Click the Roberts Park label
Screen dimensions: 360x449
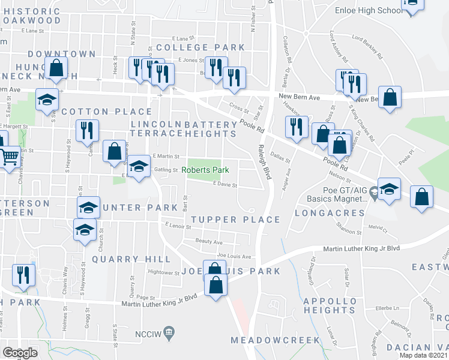(x=206, y=170)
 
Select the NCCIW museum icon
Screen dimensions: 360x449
(x=169, y=332)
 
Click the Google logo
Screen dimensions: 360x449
(x=20, y=353)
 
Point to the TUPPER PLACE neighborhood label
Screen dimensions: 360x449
(x=236, y=220)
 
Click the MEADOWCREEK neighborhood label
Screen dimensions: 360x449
(x=276, y=340)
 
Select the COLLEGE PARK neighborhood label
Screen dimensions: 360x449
(x=200, y=47)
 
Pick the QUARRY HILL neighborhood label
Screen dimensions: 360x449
(x=131, y=259)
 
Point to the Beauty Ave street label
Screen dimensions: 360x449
(x=209, y=242)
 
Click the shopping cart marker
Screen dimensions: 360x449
(x=10, y=158)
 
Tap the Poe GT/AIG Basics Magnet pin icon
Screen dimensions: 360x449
(x=373, y=193)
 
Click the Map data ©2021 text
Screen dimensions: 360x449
(x=424, y=355)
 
